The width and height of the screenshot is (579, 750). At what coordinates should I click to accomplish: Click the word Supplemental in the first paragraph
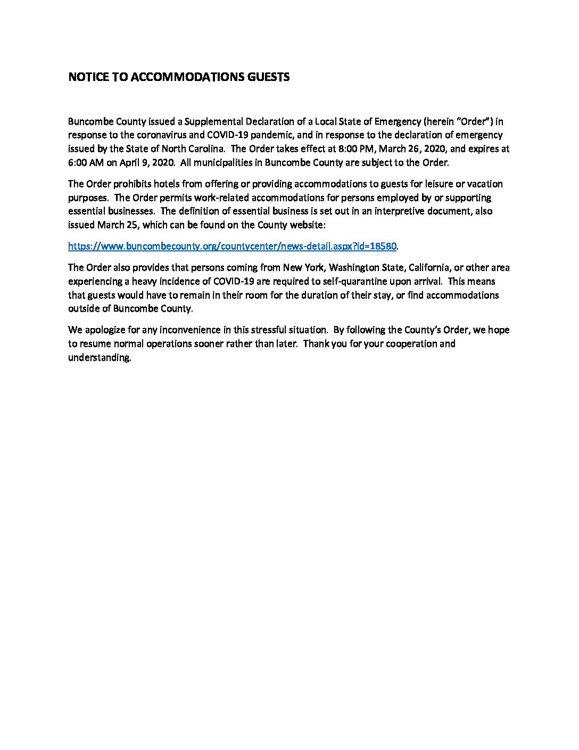click(x=210, y=121)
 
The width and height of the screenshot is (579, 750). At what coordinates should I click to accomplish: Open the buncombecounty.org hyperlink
click(x=232, y=247)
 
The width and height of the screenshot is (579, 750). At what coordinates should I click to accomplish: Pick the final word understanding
click(x=99, y=358)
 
